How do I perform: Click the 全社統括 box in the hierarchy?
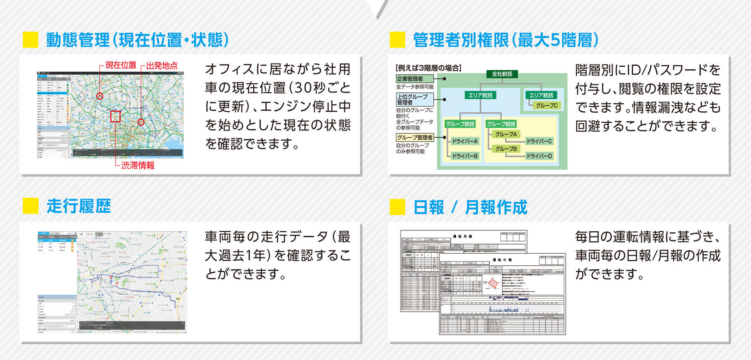point(502,74)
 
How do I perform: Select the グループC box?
point(546,105)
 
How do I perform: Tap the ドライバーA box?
point(464,141)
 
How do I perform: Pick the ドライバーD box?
point(539,156)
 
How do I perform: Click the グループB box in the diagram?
point(506,149)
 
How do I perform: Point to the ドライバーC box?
point(539,141)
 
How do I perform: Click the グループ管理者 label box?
point(415,137)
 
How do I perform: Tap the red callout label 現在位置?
point(121,65)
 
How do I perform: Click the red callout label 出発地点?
point(162,65)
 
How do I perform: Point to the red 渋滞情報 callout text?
point(138,166)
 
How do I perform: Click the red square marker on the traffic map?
point(115,116)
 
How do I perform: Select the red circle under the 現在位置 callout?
point(100,96)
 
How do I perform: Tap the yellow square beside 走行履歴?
point(30,206)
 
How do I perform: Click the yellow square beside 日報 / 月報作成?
point(397,207)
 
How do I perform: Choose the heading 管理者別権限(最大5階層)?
point(506,40)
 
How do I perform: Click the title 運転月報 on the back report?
point(463,236)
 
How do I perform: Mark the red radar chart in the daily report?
point(493,286)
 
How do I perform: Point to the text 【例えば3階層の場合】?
point(428,68)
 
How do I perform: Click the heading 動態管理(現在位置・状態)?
point(137,40)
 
